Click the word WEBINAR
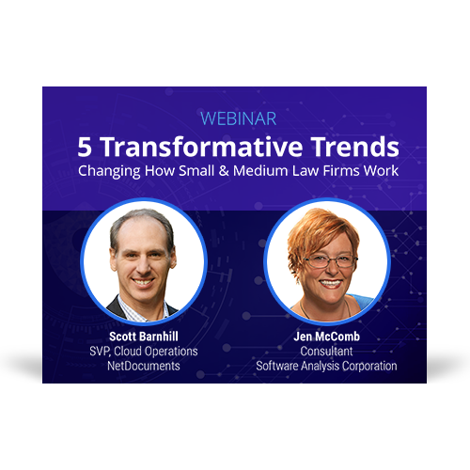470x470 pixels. tap(238, 118)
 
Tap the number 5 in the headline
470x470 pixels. tap(85, 147)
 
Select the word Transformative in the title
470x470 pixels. tap(202, 147)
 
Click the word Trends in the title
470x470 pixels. tap(354, 147)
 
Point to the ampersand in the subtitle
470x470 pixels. tap(224, 171)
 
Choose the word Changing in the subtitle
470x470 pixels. tap(109, 172)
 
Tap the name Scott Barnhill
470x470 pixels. tap(144, 337)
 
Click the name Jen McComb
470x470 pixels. tap(326, 337)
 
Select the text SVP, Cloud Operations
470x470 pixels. tap(144, 352)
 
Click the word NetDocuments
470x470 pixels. tap(144, 366)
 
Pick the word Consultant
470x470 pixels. tap(326, 352)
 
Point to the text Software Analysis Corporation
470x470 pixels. tap(326, 366)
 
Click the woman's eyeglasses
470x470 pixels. tap(330, 261)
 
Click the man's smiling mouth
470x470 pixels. tap(143, 282)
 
